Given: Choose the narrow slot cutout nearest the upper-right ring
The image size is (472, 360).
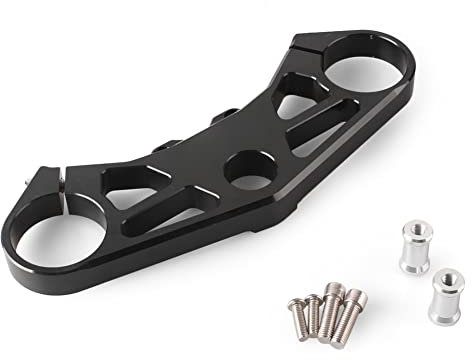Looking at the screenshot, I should pos(318,122).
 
